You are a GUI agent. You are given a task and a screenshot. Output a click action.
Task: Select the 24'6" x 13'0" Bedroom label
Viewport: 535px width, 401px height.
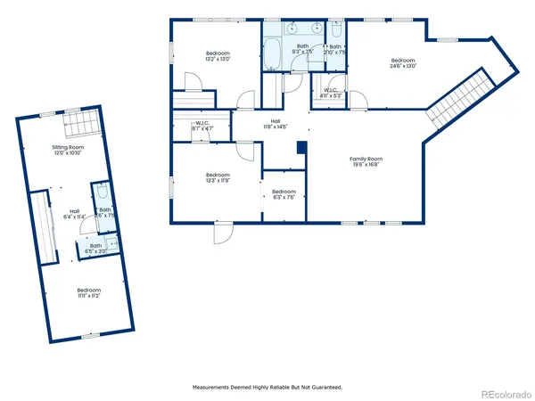point(402,62)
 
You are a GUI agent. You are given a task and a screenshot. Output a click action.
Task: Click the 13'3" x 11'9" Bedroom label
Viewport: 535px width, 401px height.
point(218,177)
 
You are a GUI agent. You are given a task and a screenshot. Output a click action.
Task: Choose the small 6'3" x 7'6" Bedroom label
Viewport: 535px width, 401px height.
point(284,194)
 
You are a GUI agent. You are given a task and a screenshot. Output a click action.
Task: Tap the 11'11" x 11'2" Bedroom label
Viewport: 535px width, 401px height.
point(88,292)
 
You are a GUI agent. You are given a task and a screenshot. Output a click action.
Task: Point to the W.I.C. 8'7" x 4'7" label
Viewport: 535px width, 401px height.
point(202,127)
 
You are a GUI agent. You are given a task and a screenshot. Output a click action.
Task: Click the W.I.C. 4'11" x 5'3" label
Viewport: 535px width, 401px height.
point(330,93)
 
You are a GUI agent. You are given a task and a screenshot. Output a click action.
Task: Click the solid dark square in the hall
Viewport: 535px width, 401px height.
point(300,147)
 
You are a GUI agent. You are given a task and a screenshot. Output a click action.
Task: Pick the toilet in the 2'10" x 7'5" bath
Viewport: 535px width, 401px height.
point(335,30)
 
